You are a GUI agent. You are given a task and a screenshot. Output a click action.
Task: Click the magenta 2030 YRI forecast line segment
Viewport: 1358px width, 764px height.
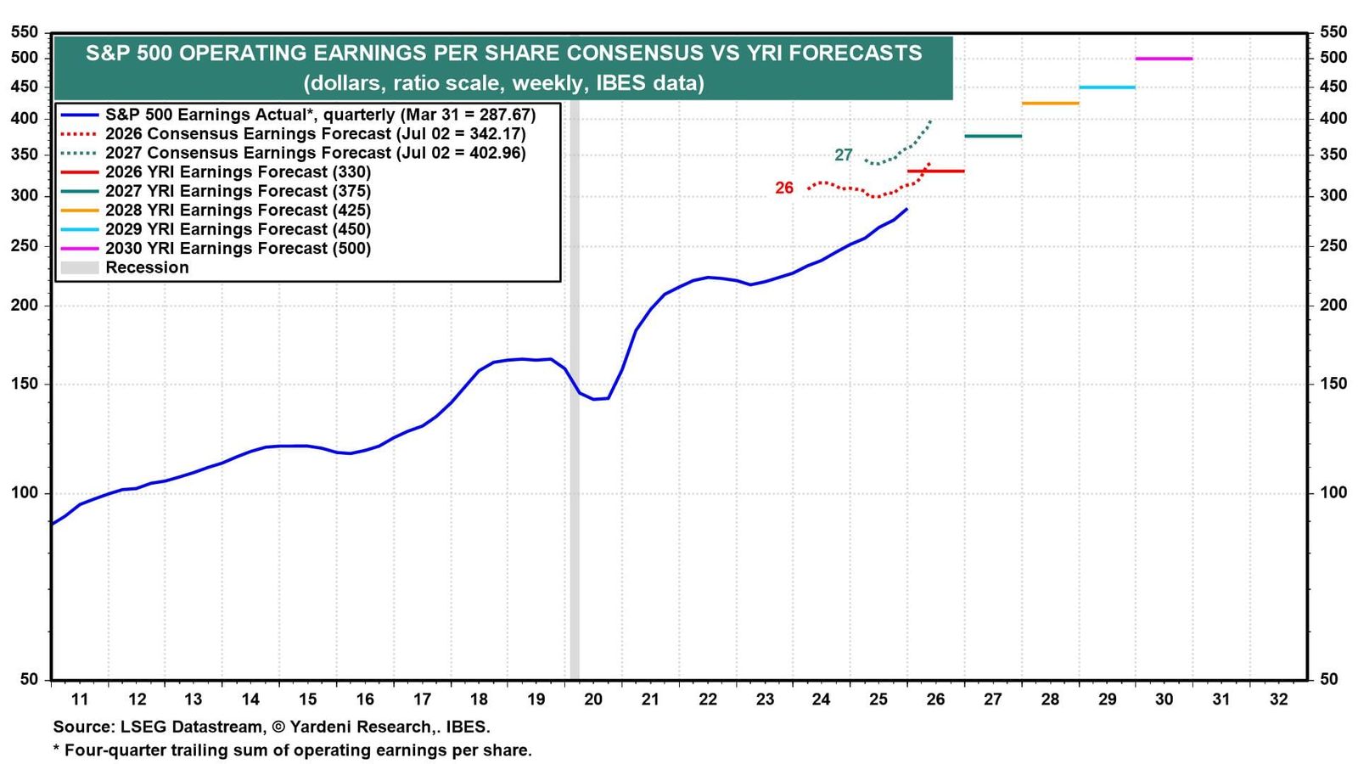coord(1164,59)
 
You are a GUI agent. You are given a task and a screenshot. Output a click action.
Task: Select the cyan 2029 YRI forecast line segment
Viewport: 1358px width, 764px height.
coord(1107,88)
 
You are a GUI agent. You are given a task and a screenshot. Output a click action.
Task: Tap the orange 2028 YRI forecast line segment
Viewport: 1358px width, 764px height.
coord(1050,103)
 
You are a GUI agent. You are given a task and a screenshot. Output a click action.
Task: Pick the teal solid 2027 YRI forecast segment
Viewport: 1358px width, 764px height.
coord(993,136)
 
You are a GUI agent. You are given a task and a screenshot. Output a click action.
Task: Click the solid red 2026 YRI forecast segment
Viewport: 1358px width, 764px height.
coord(935,171)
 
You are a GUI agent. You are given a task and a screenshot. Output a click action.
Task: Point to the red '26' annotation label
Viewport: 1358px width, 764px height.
coord(784,188)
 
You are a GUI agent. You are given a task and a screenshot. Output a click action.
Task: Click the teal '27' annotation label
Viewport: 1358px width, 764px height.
coord(844,155)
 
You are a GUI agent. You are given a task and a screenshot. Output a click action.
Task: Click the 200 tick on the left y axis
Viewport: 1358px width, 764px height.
coord(25,305)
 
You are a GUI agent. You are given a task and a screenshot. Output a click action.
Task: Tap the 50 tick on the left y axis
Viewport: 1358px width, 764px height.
coord(29,679)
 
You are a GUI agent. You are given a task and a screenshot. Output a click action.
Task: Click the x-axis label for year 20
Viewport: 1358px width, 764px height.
coord(593,699)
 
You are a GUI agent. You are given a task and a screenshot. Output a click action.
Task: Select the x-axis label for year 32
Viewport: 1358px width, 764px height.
coord(1278,699)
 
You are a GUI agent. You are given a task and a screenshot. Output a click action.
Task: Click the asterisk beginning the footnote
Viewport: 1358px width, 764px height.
coord(56,748)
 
